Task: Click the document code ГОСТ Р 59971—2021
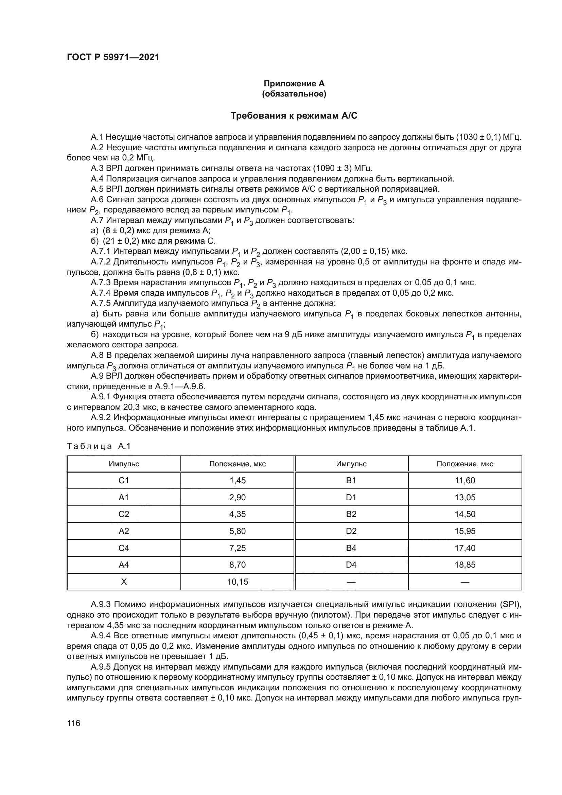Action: click(113, 57)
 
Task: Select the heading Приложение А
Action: click(294, 84)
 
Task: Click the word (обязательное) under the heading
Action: click(294, 94)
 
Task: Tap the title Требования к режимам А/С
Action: click(294, 116)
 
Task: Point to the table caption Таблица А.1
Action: click(99, 446)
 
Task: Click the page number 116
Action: click(73, 723)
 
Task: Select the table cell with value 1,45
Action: click(238, 480)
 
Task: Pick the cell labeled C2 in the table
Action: click(124, 514)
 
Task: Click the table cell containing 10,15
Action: click(238, 582)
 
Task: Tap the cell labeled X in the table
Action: click(124, 582)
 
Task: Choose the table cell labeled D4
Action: click(351, 565)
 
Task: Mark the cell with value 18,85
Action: click(465, 565)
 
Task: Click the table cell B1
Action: click(351, 480)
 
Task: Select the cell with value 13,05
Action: click(465, 497)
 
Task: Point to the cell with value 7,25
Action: click(238, 548)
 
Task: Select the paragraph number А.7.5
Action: click(101, 303)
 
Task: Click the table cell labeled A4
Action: click(124, 565)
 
